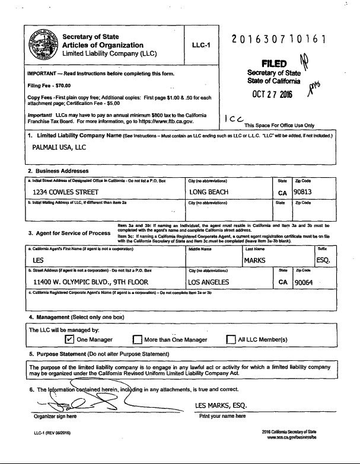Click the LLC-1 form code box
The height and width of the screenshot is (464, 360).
click(202, 45)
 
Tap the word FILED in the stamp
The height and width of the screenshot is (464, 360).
click(274, 63)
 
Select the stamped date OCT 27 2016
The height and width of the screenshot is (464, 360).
click(273, 95)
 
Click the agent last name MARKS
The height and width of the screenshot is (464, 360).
click(255, 260)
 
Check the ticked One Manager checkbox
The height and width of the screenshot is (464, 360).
click(69, 340)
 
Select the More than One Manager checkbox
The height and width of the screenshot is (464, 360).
click(137, 340)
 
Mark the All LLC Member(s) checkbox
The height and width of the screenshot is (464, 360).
click(231, 340)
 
